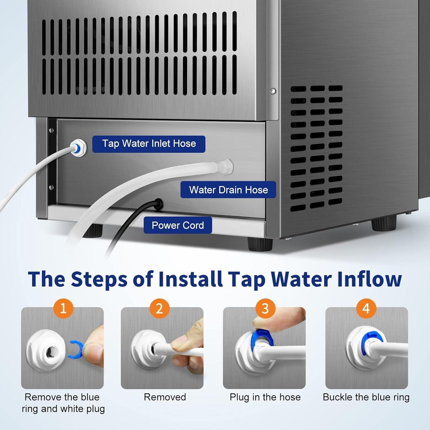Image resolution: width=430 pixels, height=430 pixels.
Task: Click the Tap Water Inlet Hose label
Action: pos(148,144)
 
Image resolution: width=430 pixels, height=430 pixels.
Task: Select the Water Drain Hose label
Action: pos(228,190)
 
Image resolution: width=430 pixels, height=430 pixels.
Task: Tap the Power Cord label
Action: pos(178,225)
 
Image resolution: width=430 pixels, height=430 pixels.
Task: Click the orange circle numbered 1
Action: pos(63,308)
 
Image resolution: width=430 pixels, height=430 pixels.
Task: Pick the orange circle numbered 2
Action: pos(159,308)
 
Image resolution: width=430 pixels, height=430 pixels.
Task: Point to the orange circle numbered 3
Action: pos(265,308)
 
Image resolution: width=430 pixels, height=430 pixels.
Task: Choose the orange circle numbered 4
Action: pos(366,308)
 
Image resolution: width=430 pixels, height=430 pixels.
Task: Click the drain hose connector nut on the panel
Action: pos(226,166)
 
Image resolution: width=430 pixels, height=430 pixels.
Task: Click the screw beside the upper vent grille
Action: pos(273,91)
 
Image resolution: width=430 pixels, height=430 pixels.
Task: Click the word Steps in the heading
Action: pos(99,279)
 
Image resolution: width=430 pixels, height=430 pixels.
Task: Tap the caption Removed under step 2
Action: pos(165,397)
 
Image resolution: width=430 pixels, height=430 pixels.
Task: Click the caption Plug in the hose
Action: pos(265,397)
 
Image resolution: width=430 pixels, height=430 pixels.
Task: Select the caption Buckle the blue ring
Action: pos(366,397)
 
